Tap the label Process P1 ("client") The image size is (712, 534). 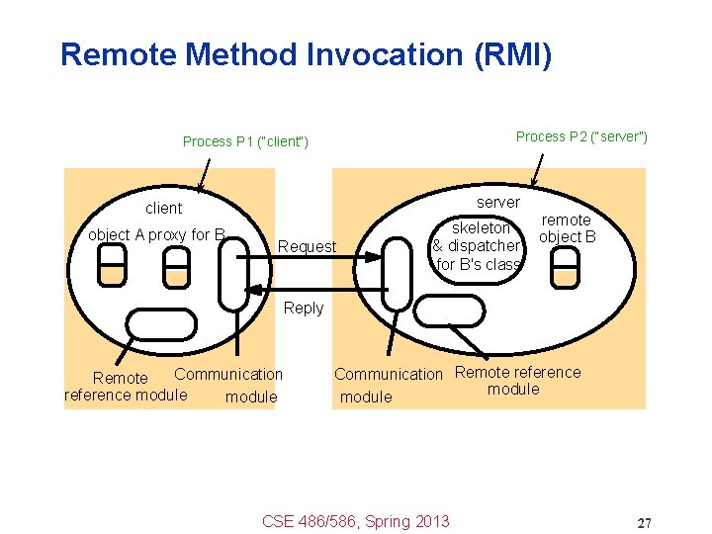click(245, 141)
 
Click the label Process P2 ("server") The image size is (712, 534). click(581, 136)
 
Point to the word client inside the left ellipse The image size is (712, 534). click(163, 208)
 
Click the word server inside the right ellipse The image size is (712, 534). click(497, 202)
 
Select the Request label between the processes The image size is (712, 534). click(308, 246)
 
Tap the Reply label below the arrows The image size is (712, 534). click(303, 308)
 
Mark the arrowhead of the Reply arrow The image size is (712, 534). click(253, 290)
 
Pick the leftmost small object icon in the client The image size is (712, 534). click(113, 264)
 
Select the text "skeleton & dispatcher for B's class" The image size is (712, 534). click(478, 245)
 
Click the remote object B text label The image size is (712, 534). click(567, 228)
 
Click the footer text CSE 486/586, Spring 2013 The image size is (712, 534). click(355, 521)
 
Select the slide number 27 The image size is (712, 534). click(644, 522)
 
